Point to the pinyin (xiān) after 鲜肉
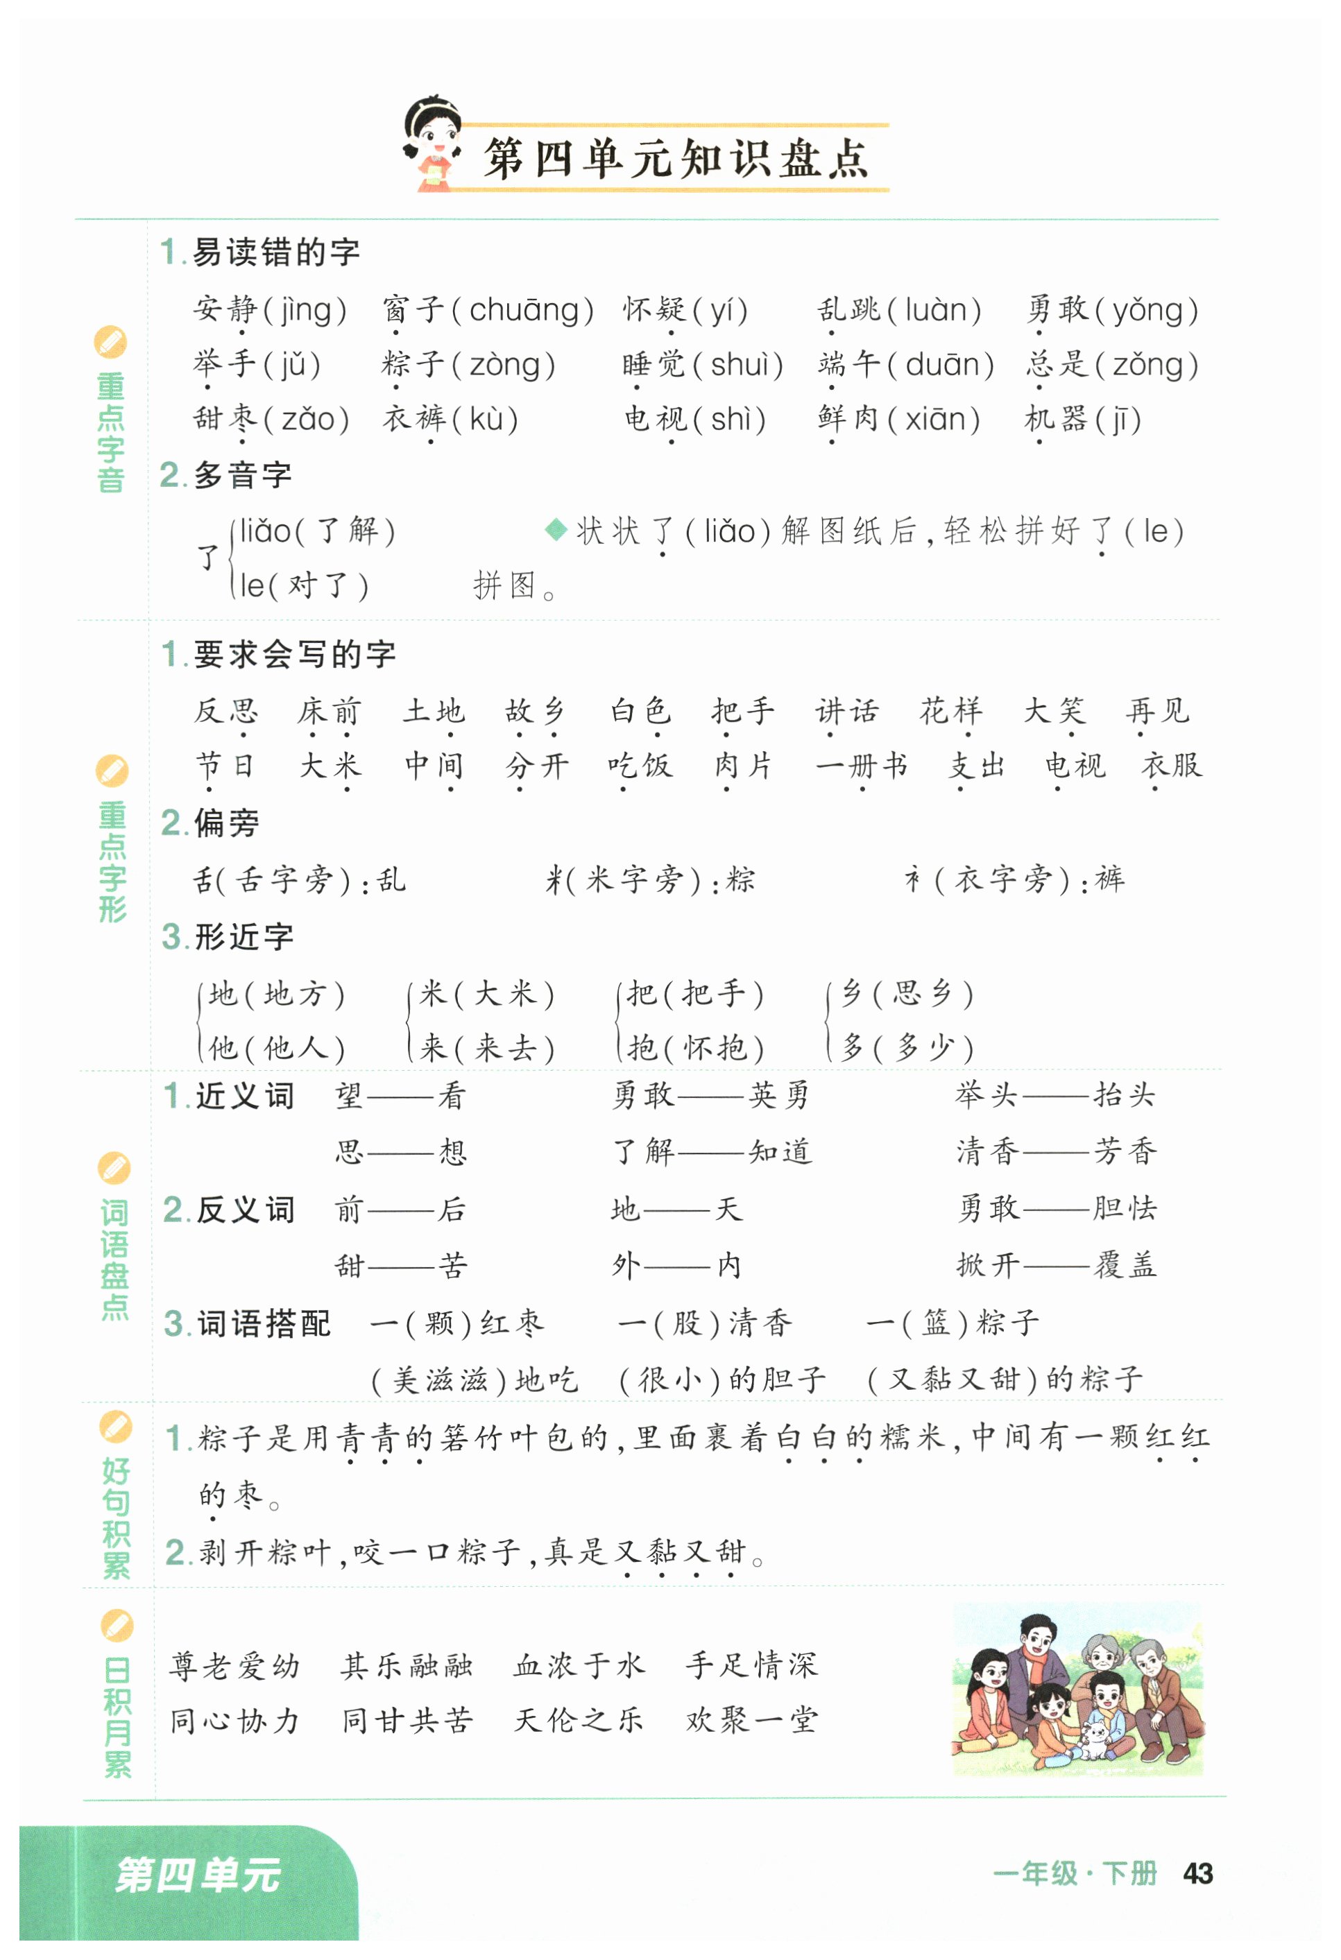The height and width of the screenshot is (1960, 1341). point(941,419)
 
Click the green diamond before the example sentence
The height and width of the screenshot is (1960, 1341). point(556,531)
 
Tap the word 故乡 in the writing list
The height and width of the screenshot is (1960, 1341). point(536,711)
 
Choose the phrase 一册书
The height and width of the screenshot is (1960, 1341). point(861,766)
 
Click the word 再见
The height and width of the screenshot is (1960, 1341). point(1157,711)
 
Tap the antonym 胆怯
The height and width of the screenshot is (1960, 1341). point(1125,1209)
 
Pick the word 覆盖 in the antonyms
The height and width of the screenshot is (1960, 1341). point(1125,1265)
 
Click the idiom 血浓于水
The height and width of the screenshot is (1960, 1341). point(579,1666)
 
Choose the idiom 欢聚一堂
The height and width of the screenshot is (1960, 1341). point(751,1721)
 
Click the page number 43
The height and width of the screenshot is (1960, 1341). point(1197,1874)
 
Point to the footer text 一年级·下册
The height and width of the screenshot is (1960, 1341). point(1075,1874)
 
